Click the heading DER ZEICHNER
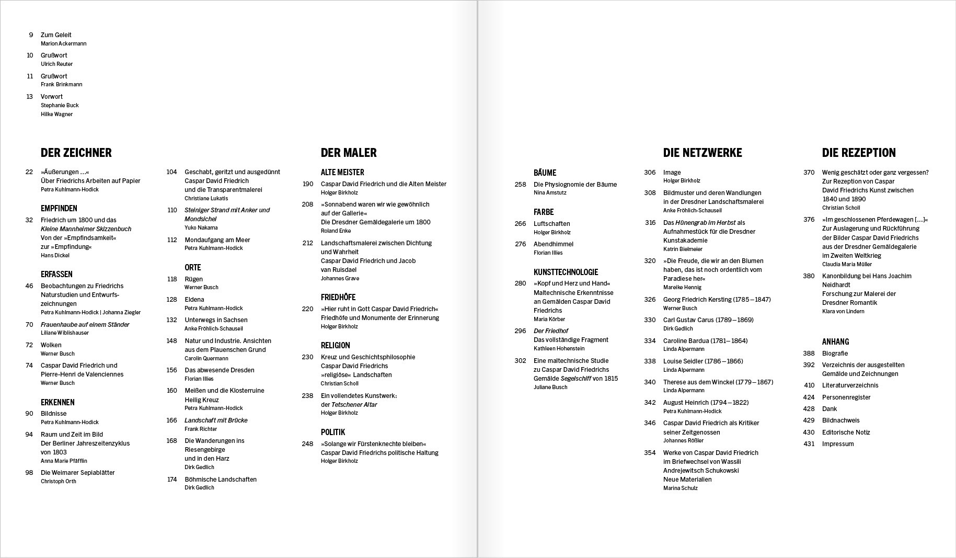pos(76,153)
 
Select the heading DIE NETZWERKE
pos(702,153)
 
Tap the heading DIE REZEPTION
pos(859,153)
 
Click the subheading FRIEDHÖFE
pos(338,297)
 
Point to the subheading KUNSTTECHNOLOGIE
pos(566,272)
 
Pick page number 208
pos(307,204)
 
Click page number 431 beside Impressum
pos(809,444)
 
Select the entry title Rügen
pos(193,279)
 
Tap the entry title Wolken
pos(51,345)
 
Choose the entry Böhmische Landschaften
pos(221,480)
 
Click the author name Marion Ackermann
pos(64,44)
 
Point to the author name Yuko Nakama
pos(201,227)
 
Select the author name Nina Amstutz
pos(550,193)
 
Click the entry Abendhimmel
pos(554,244)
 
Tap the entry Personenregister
pos(846,397)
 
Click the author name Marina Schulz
pos(680,488)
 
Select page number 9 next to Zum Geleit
pos(31,35)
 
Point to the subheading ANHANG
pos(835,341)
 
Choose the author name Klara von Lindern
pos(843,312)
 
